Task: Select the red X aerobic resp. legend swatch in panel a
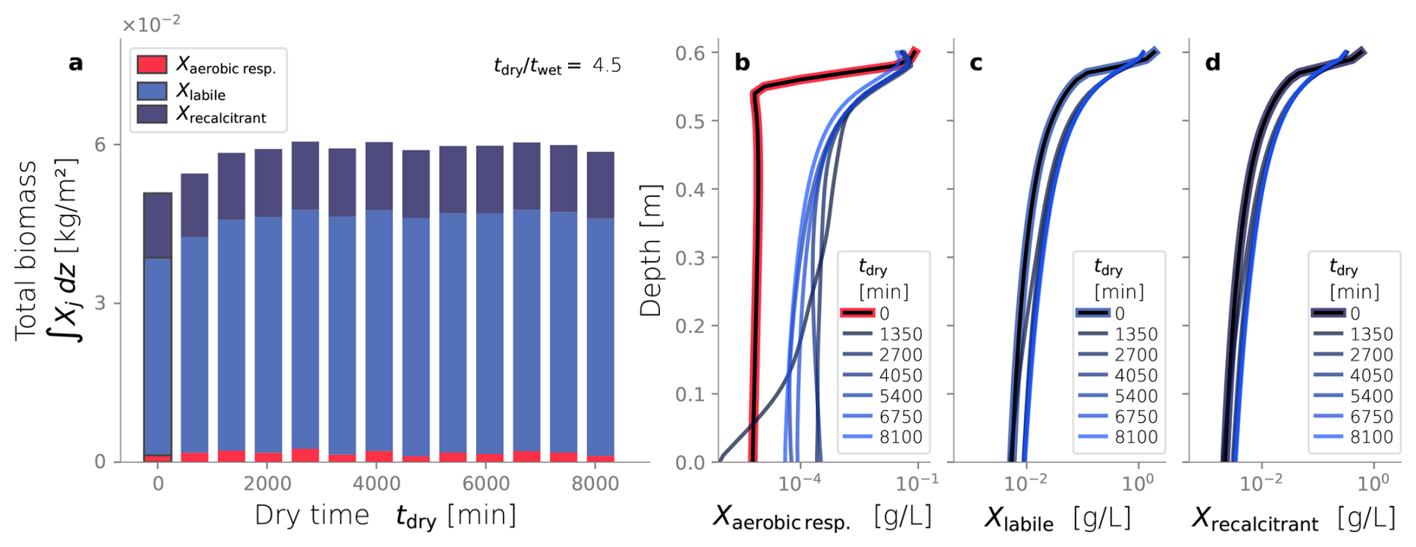[x=152, y=65]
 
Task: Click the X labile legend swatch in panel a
[x=152, y=91]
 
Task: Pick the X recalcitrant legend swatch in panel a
[x=152, y=114]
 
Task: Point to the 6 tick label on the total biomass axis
[x=100, y=144]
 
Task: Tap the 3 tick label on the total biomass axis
[x=100, y=303]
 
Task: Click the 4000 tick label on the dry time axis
[x=376, y=484]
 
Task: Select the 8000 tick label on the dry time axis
[x=595, y=484]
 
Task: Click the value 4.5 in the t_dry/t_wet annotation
[x=606, y=66]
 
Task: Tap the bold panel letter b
[x=742, y=63]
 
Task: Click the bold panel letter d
[x=1212, y=63]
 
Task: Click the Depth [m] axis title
[x=650, y=251]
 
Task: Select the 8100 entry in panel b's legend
[x=900, y=437]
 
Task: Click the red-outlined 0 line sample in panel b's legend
[x=858, y=314]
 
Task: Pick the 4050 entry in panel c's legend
[x=1135, y=376]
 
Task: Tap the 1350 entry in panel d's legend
[x=1371, y=334]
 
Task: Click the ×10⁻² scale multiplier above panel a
[x=151, y=25]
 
